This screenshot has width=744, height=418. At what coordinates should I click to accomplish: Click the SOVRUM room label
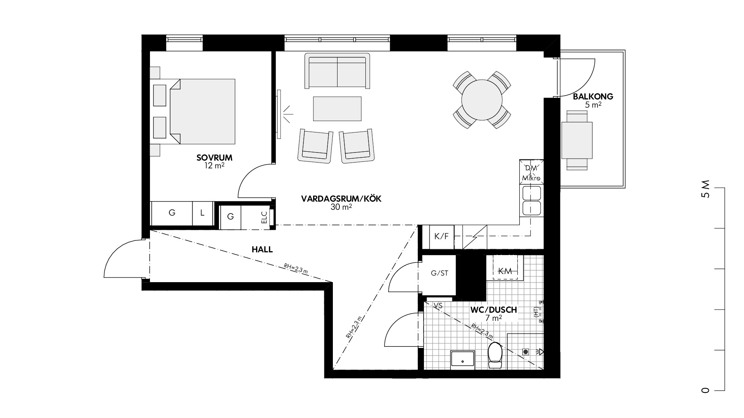point(214,158)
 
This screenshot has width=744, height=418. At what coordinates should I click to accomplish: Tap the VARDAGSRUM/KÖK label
point(341,199)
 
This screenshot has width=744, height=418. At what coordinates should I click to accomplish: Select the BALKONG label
point(593,97)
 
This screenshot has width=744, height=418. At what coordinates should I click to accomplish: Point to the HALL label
point(262,250)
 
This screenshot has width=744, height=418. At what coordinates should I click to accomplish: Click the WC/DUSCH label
point(493,310)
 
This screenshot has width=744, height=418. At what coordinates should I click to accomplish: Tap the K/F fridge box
point(442,237)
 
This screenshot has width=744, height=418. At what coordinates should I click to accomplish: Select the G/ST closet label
point(439,273)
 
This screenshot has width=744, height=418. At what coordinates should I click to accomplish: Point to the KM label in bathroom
point(505,271)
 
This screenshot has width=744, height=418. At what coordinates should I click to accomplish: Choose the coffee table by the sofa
point(337,109)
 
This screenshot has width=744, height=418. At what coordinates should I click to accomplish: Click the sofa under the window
point(337,71)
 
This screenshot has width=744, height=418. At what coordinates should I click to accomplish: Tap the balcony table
point(577,140)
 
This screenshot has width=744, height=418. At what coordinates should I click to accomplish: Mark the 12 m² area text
point(214,166)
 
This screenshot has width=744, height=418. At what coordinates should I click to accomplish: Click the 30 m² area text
point(341,207)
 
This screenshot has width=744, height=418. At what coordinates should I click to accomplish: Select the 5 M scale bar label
point(706,189)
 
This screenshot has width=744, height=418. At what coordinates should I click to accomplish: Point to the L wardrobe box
point(202,213)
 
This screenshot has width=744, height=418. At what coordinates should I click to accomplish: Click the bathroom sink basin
point(462,360)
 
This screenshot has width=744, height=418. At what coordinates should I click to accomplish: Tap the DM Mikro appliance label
point(531,173)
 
